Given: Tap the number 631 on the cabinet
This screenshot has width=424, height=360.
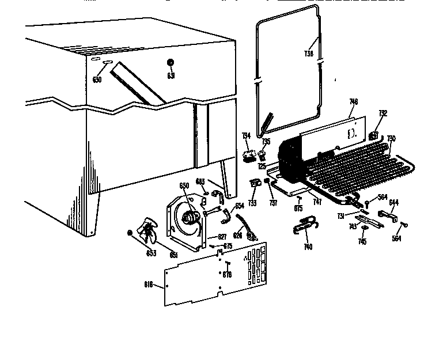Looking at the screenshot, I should pyautogui.click(x=171, y=75).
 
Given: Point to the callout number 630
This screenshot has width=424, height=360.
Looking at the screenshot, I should pyautogui.click(x=97, y=79).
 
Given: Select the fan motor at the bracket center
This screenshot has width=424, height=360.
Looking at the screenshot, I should pyautogui.click(x=190, y=217).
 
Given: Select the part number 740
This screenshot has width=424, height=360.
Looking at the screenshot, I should pyautogui.click(x=308, y=247).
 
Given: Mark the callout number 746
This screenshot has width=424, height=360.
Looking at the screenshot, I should pyautogui.click(x=354, y=102).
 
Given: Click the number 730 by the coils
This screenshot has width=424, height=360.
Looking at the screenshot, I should pyautogui.click(x=391, y=138).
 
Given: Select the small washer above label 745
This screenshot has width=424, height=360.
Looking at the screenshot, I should pyautogui.click(x=364, y=229).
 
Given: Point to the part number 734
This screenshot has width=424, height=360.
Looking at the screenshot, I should pyautogui.click(x=246, y=136).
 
